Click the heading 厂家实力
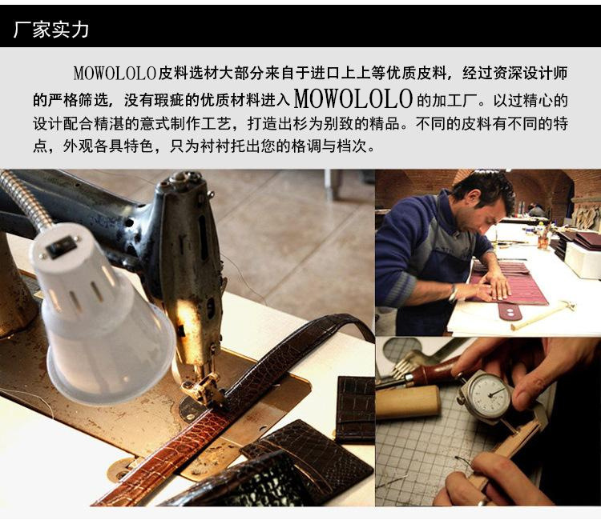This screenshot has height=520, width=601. coord(51,30)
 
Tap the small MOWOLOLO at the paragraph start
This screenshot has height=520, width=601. coord(115,73)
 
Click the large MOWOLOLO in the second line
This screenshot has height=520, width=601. coord(353,99)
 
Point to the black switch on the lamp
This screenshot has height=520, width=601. coord(62,245)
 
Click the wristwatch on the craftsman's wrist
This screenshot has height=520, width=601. coord(454,293)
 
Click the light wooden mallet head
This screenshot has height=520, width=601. coord(407,401)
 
